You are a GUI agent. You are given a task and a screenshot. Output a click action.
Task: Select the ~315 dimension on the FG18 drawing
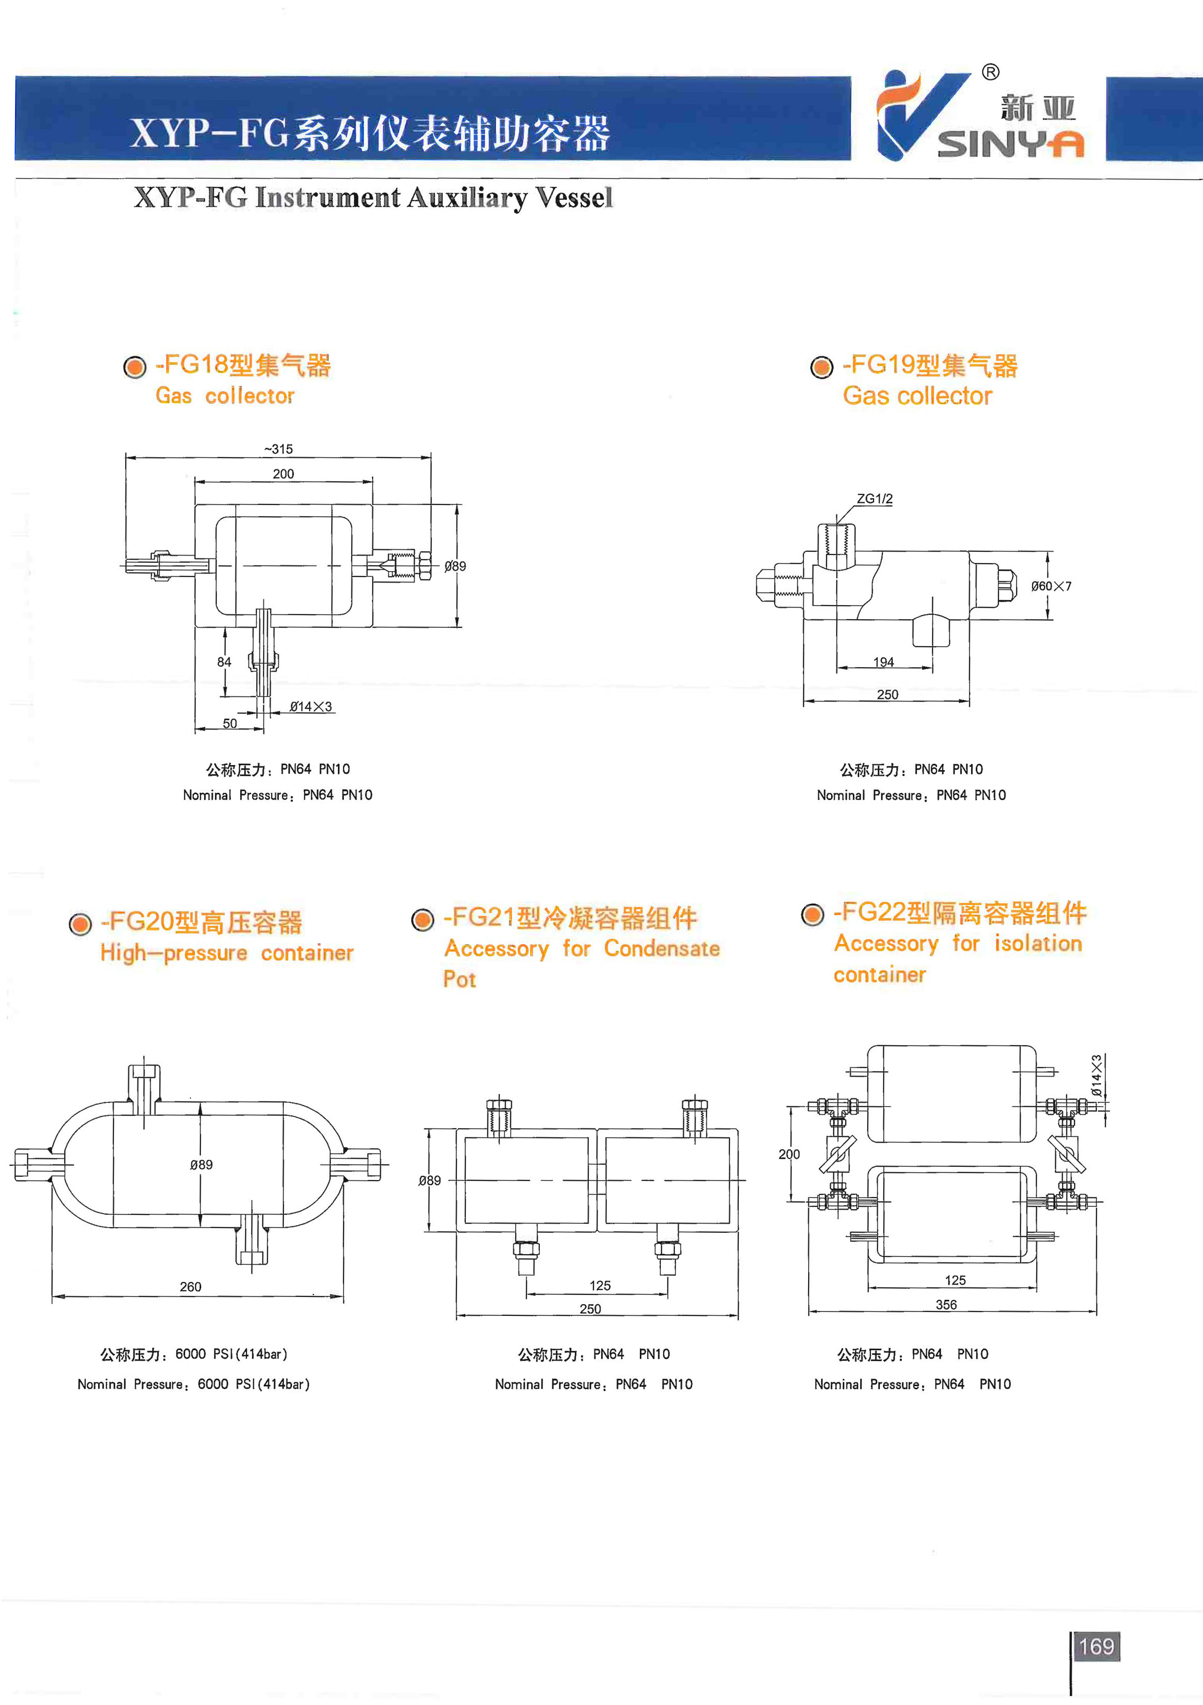point(278,449)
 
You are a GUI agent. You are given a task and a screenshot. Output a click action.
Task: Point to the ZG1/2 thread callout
point(875,499)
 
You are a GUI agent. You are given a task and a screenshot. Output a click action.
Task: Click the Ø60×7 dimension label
point(1051,586)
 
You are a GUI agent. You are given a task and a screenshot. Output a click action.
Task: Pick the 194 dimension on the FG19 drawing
point(884,662)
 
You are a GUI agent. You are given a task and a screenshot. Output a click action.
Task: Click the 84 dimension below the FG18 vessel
point(224,662)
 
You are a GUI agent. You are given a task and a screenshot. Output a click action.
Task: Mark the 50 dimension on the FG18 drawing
point(230,723)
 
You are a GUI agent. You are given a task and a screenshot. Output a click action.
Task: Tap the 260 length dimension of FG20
point(191,1287)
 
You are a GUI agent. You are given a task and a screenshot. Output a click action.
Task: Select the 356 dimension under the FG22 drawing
point(946,1305)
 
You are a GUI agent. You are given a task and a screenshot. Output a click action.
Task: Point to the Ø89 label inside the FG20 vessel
point(201,1164)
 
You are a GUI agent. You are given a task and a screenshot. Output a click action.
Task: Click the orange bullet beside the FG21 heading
point(423,919)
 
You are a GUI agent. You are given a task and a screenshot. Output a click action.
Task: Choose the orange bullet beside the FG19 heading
point(821,367)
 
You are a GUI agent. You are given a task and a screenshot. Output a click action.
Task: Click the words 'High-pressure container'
point(227,953)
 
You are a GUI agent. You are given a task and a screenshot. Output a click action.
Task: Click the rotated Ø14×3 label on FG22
point(1096,1075)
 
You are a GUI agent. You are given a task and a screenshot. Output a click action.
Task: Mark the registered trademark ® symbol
point(991,72)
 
